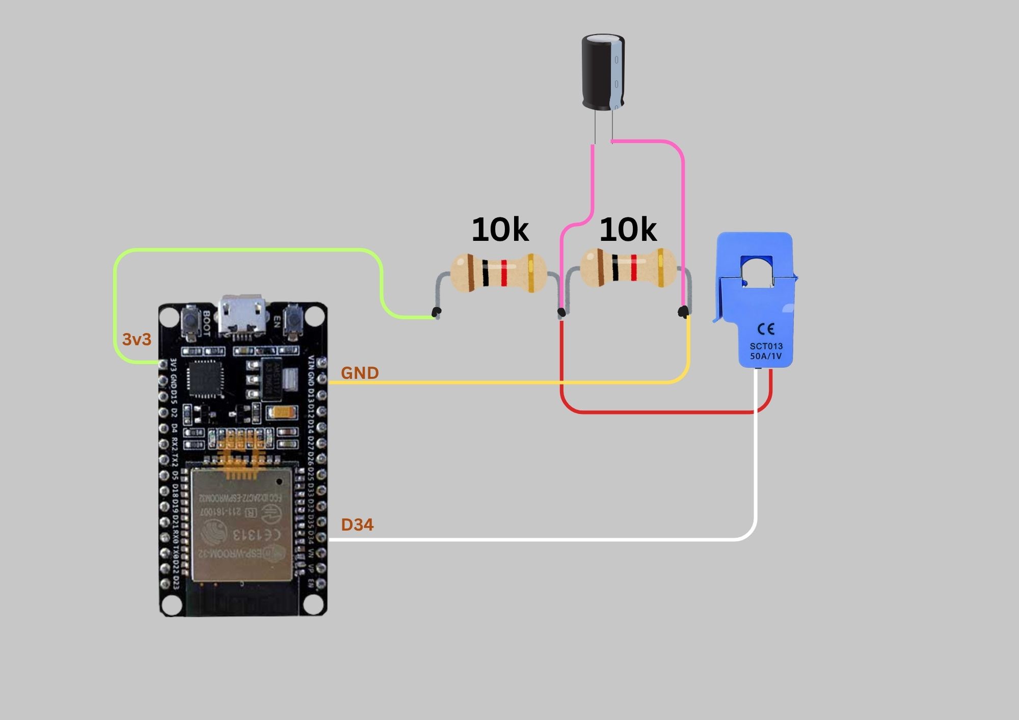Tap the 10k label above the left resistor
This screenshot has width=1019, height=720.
(500, 230)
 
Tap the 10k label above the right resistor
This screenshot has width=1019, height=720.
(628, 230)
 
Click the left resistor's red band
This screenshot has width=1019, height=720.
(504, 273)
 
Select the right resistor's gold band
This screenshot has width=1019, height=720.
(660, 267)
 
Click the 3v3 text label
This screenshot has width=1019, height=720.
(137, 340)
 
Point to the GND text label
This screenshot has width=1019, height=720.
(360, 373)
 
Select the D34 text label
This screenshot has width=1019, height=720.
(357, 524)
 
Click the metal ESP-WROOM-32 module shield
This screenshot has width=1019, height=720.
(242, 524)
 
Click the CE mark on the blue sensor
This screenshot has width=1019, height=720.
(766, 329)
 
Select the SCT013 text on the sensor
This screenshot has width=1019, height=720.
(766, 346)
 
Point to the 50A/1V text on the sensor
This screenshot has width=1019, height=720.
(766, 356)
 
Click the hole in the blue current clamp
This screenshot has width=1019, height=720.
(757, 269)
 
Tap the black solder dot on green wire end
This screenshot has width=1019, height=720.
(436, 311)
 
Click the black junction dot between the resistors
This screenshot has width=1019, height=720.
(561, 312)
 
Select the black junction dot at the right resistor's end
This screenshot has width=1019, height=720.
(683, 311)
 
